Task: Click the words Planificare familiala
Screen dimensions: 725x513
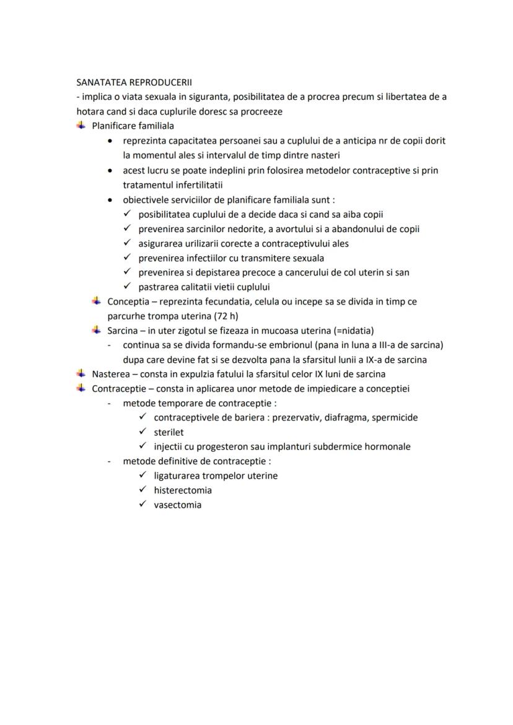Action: [133, 126]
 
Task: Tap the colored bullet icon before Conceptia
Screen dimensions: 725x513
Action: [96, 302]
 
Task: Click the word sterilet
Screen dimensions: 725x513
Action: [169, 432]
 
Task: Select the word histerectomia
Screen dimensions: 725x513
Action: [183, 490]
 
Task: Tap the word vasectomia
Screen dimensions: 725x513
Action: [177, 505]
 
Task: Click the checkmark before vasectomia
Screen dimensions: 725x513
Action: [142, 504]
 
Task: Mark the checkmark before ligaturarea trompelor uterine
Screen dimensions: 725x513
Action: [142, 475]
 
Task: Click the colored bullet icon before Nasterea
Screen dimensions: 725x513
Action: [81, 374]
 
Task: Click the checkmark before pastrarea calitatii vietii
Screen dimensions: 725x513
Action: [127, 287]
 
